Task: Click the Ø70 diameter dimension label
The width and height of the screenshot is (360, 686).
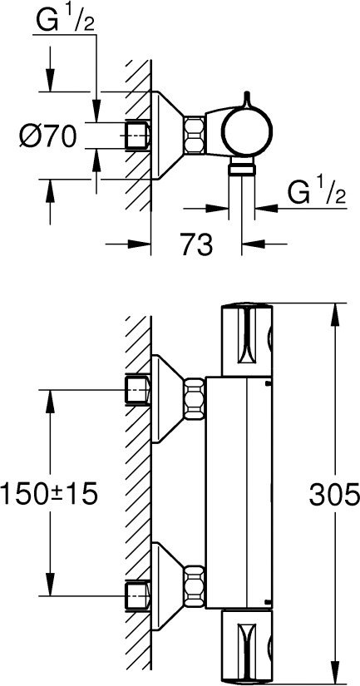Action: click(47, 136)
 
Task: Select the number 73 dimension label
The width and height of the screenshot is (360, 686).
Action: click(196, 244)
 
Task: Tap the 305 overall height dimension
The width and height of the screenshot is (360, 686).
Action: click(334, 496)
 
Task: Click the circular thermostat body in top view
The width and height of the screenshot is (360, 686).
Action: click(247, 131)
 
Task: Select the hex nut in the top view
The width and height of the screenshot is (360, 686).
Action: click(193, 135)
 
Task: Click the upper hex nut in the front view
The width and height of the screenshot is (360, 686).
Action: click(195, 399)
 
